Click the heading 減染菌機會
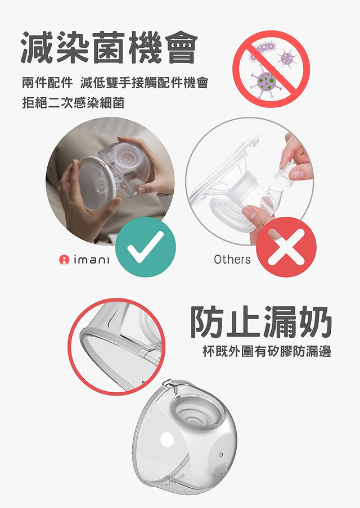(109, 48)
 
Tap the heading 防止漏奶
(260, 321)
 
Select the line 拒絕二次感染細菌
(73, 103)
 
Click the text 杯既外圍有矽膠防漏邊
(267, 351)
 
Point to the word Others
(232, 259)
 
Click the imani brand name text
(92, 259)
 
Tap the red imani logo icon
(64, 260)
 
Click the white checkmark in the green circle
(145, 247)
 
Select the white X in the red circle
(286, 247)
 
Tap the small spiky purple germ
(287, 58)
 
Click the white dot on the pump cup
(168, 439)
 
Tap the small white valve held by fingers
(286, 176)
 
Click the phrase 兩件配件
(47, 83)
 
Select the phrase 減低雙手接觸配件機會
(144, 83)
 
